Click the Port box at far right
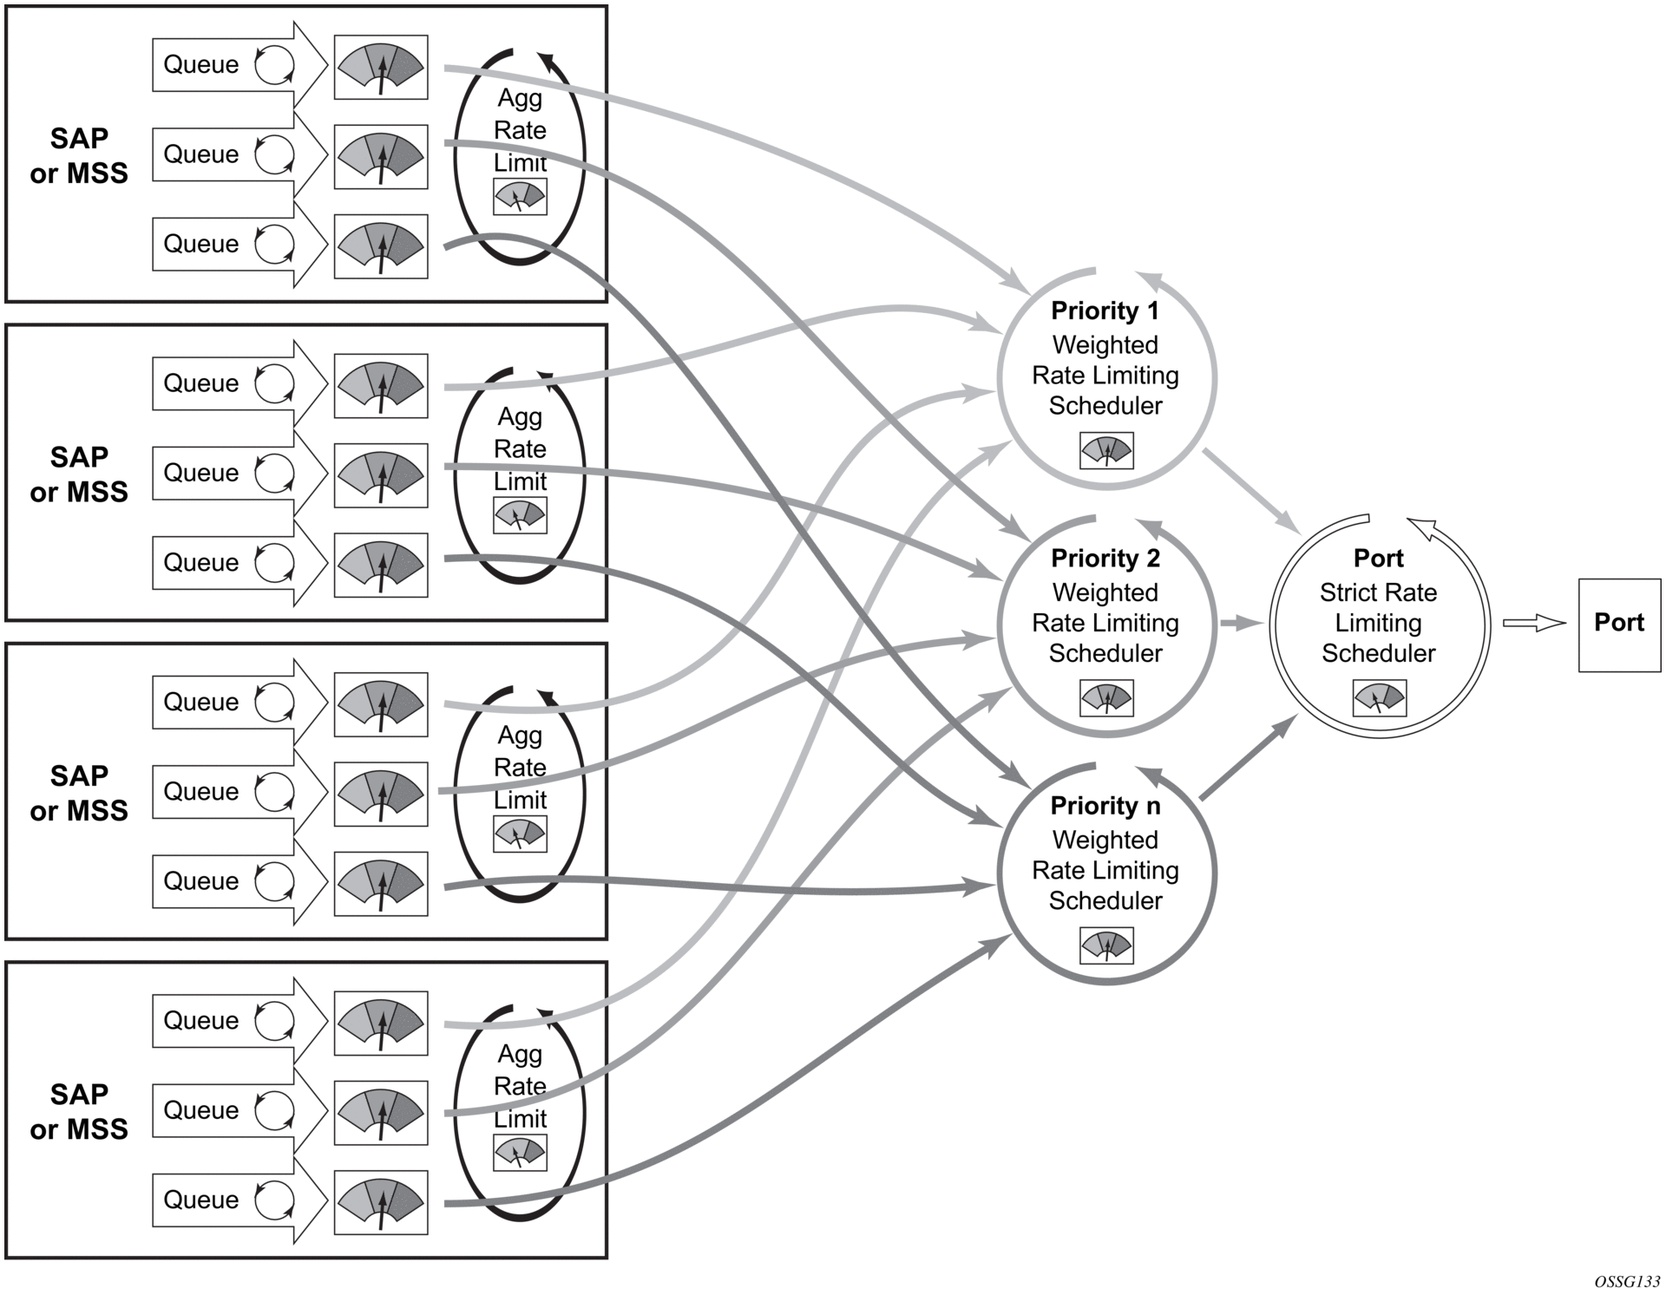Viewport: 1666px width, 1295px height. tap(1618, 625)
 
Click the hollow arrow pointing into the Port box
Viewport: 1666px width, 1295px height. tap(1533, 623)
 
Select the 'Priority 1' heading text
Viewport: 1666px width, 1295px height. tap(1105, 311)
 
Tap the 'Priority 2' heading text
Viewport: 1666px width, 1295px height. tap(1105, 558)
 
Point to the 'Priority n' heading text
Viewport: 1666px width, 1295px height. tap(1105, 806)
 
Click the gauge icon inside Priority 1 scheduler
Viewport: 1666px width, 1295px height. tap(1106, 451)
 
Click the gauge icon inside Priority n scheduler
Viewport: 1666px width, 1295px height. tap(1106, 945)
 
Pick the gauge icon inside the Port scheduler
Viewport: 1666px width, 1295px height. tap(1379, 698)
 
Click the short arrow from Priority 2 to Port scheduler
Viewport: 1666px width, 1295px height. tap(1241, 623)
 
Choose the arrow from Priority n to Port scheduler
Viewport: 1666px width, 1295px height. tap(1247, 759)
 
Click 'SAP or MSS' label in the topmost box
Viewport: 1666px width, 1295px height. tap(79, 156)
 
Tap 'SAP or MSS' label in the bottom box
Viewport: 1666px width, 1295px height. tap(79, 1112)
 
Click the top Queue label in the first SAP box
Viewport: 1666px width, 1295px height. tap(201, 65)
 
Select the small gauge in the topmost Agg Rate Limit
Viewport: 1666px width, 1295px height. tap(520, 197)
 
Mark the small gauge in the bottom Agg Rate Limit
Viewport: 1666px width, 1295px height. tap(520, 1153)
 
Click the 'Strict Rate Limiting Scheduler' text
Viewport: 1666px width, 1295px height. tap(1378, 623)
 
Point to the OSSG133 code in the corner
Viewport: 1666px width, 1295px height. tap(1626, 1282)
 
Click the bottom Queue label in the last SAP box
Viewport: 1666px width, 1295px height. tap(201, 1200)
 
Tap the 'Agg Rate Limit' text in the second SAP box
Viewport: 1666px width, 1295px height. tap(520, 449)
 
